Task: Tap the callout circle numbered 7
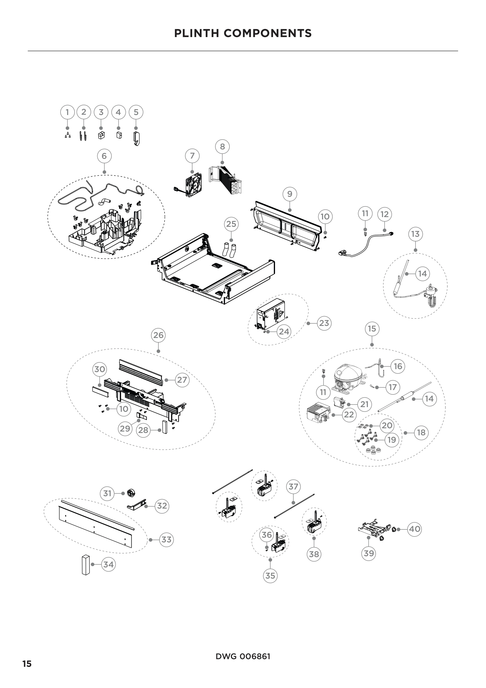[x=192, y=156]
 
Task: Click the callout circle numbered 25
[x=231, y=224]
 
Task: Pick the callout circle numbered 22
[x=349, y=415]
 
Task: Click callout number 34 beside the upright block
[x=108, y=564]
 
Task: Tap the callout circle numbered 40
[x=415, y=529]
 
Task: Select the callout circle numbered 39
[x=369, y=553]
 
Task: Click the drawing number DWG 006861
[x=243, y=657]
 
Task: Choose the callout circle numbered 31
[x=107, y=493]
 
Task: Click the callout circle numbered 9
[x=289, y=194]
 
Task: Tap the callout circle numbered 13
[x=415, y=234]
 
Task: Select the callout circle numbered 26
[x=158, y=335]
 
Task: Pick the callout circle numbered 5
[x=136, y=112]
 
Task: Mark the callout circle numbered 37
[x=293, y=486]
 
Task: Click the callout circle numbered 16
[x=398, y=366]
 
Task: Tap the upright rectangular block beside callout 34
[x=86, y=564]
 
